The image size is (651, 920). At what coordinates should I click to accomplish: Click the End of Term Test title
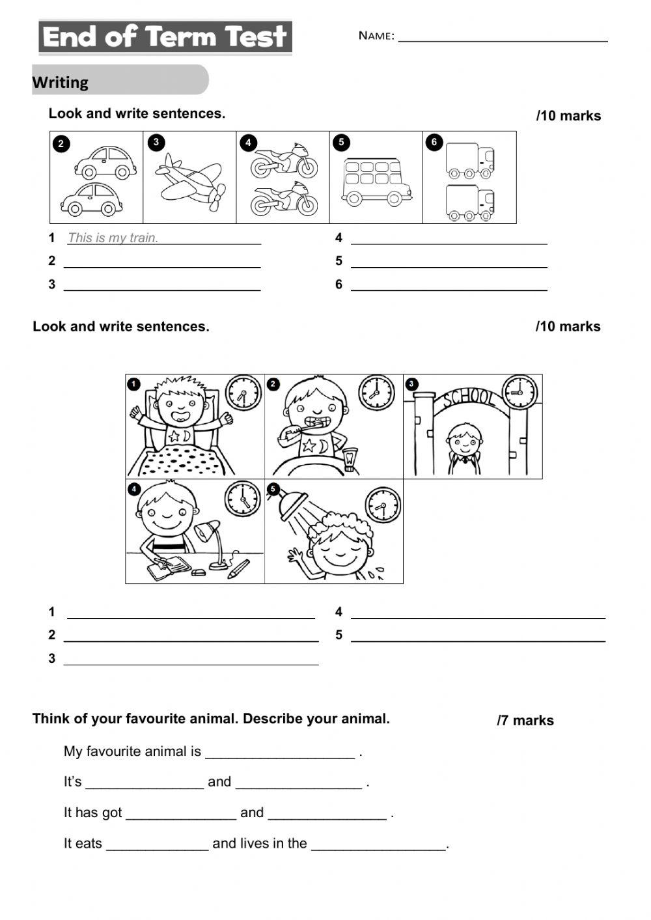pyautogui.click(x=165, y=37)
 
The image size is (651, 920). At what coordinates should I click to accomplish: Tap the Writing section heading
pyautogui.click(x=61, y=83)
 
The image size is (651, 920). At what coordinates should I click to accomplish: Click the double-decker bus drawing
pyautogui.click(x=376, y=181)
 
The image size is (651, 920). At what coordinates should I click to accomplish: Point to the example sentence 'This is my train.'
pyautogui.click(x=113, y=238)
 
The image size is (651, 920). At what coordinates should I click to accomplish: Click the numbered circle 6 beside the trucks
pyautogui.click(x=434, y=142)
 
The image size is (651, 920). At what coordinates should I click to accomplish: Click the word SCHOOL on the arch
pyautogui.click(x=468, y=397)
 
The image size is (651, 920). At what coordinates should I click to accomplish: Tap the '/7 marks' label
pyautogui.click(x=525, y=720)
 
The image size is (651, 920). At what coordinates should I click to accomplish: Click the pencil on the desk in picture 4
pyautogui.click(x=238, y=568)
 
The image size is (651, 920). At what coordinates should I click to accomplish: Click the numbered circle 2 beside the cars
pyautogui.click(x=61, y=144)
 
